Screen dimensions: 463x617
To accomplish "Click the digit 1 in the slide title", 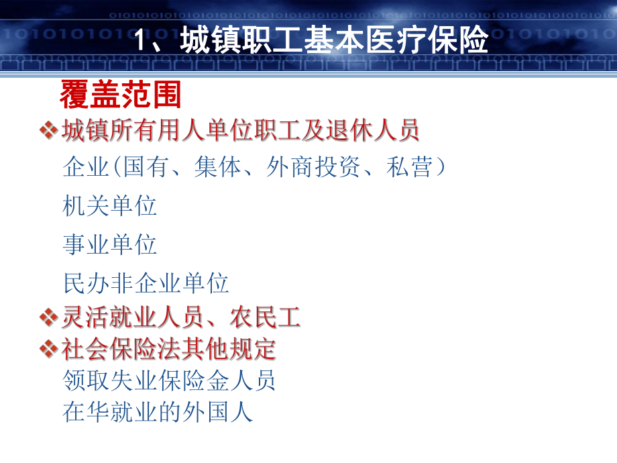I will tap(142, 41).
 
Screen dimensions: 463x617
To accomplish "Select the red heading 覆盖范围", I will tap(121, 95).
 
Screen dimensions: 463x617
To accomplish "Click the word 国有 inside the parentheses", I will tap(146, 166).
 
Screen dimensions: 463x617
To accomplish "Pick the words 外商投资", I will tap(313, 166).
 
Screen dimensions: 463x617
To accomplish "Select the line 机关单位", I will tap(110, 205).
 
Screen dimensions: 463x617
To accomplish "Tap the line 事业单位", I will tap(110, 244).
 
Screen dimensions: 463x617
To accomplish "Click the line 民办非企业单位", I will tap(146, 282).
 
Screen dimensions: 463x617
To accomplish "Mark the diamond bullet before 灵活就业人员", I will tap(48, 316).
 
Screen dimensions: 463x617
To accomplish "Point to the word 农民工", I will tap(265, 316).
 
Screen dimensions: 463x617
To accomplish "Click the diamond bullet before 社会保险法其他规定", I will tap(48, 348).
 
